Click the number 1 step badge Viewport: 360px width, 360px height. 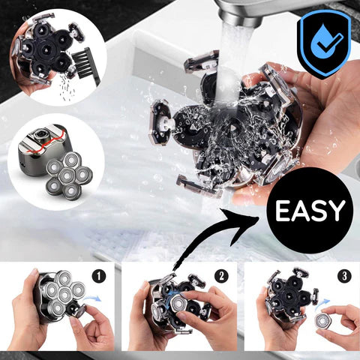pyautogui.click(x=100, y=276)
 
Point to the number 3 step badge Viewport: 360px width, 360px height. pyautogui.click(x=343, y=275)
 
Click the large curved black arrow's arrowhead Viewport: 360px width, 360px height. pyautogui.click(x=254, y=217)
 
